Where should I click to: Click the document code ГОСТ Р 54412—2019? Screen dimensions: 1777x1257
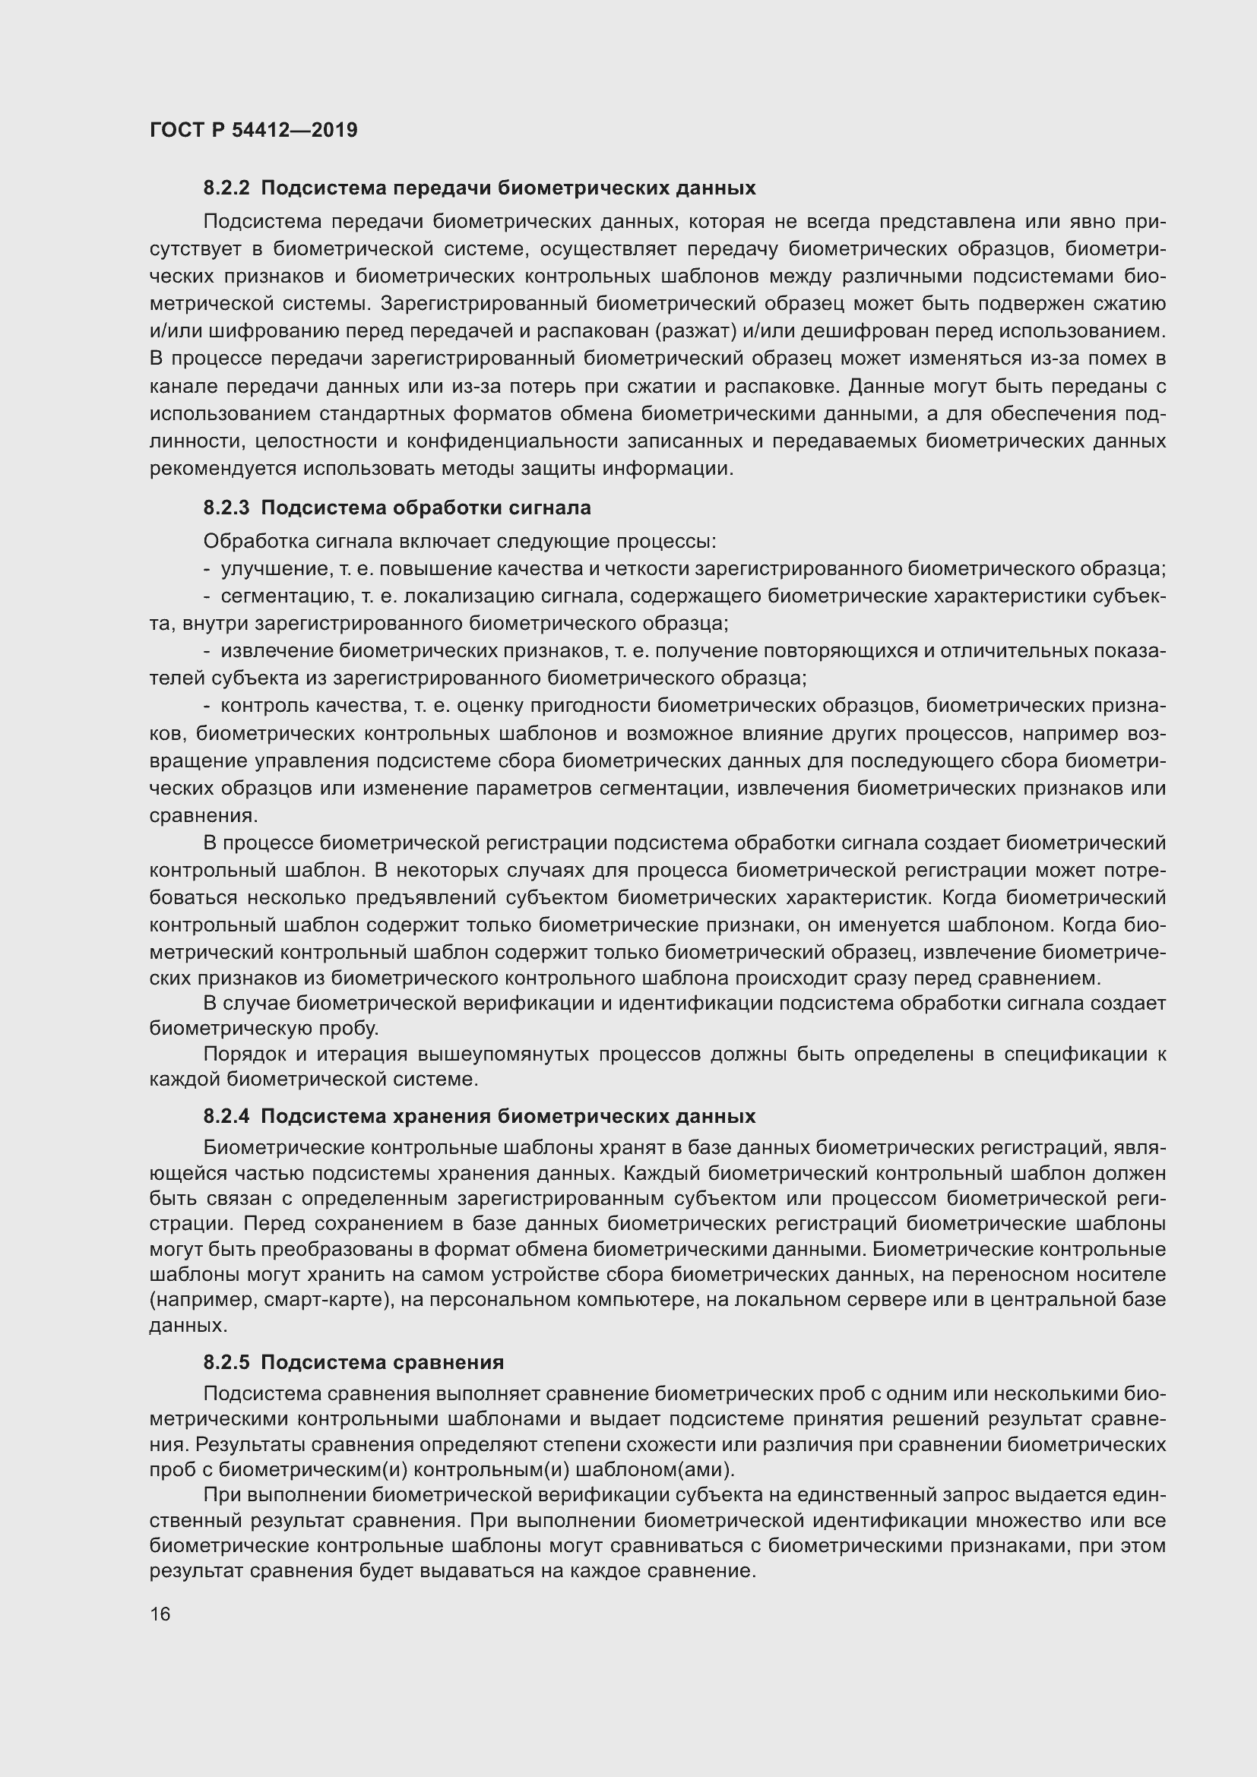pyautogui.click(x=253, y=130)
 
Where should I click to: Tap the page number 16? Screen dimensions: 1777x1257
pyautogui.click(x=160, y=1614)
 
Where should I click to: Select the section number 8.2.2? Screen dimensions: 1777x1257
pyautogui.click(x=226, y=188)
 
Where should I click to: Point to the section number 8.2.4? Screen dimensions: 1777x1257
pyautogui.click(x=226, y=1116)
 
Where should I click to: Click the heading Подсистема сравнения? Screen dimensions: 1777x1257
pyautogui.click(x=382, y=1362)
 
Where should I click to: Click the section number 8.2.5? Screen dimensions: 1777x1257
pyautogui.click(x=226, y=1362)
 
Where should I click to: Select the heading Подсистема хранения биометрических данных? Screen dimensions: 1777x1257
pyautogui.click(x=508, y=1116)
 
